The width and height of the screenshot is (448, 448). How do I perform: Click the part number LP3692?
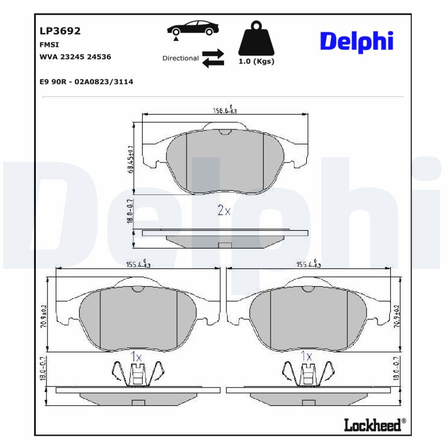tap(60, 31)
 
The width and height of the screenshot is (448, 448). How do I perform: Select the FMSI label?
tap(49, 44)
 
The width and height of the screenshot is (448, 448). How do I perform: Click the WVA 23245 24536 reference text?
tap(75, 57)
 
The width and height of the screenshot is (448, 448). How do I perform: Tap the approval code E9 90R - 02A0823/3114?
tap(86, 82)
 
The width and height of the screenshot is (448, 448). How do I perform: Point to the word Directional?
tap(180, 58)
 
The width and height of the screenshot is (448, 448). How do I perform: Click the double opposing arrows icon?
tap(213, 58)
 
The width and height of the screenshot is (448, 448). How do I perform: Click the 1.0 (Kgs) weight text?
tap(256, 62)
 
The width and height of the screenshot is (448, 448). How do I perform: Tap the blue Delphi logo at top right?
tap(356, 41)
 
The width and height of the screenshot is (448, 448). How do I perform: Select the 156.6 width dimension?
tap(225, 110)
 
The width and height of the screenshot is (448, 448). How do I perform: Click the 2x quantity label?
tap(224, 211)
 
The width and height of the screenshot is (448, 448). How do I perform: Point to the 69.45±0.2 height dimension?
tap(131, 159)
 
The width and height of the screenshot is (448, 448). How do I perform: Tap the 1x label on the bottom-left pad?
tap(136, 356)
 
